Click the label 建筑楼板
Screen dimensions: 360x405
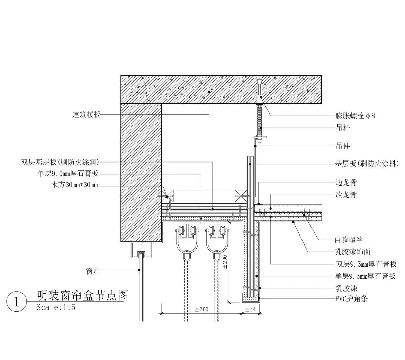(86, 114)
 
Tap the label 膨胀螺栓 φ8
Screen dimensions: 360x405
(355, 116)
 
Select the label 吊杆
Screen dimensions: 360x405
(343, 128)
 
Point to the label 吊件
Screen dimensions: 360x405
(343, 146)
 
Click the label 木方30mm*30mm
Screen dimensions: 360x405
(74, 186)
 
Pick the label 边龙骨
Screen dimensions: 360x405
(346, 183)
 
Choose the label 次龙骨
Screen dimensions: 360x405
(346, 195)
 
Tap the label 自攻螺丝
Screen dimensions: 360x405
(349, 239)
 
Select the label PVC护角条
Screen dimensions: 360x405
(351, 299)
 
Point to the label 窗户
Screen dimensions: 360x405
(93, 271)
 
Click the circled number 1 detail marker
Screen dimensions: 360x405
(16, 302)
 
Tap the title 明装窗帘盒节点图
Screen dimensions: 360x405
(82, 295)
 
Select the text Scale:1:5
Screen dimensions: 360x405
(56, 307)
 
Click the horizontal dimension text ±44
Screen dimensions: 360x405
(250, 310)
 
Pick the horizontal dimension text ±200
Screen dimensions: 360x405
(201, 310)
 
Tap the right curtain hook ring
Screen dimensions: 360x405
(216, 256)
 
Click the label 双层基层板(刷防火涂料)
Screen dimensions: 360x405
(60, 162)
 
